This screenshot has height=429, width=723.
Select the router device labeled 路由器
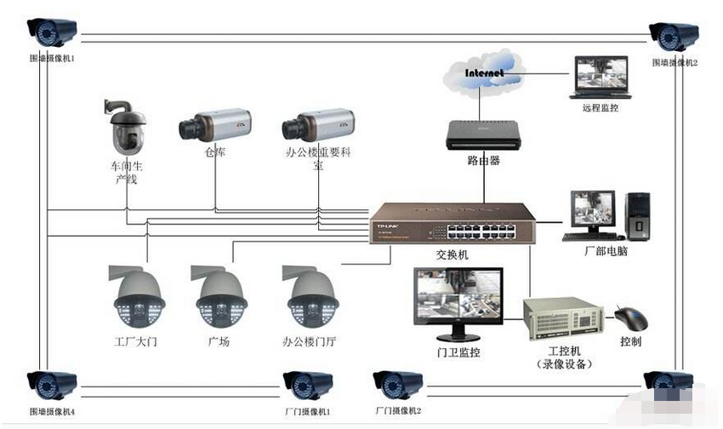[x=481, y=134]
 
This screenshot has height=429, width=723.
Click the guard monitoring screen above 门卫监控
[x=458, y=296]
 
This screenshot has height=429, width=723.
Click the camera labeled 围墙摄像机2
[x=675, y=37]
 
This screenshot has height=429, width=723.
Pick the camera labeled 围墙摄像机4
[x=52, y=387]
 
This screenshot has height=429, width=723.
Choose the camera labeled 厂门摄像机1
[x=307, y=386]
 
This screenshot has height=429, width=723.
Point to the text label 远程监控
[x=601, y=110]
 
